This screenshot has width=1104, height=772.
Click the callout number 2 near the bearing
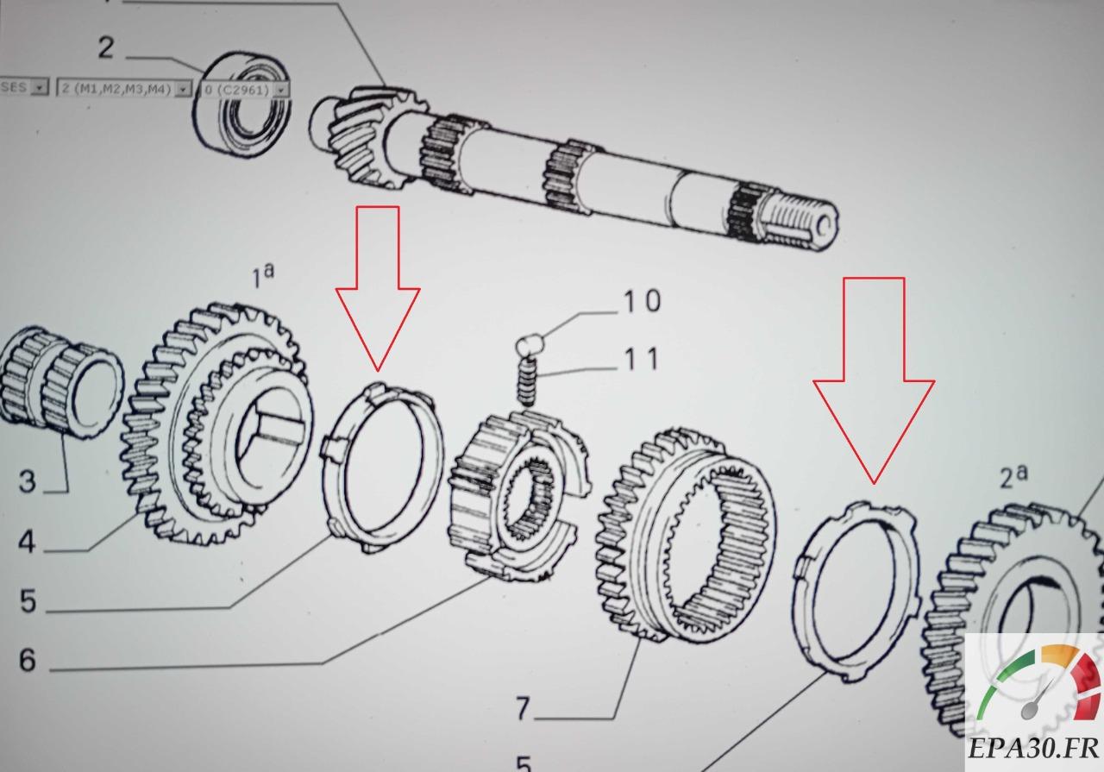coord(105,47)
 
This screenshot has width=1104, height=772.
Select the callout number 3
coord(27,480)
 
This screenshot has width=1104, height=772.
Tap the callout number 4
coord(27,543)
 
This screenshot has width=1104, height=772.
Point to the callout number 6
coord(27,661)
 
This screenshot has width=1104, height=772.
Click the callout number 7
coord(523,709)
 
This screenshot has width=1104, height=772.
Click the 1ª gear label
coord(261,278)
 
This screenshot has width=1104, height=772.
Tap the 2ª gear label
coord(1013,476)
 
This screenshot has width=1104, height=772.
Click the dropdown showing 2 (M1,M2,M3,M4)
coord(123,88)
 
